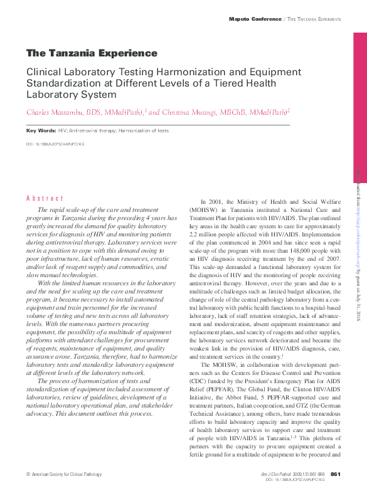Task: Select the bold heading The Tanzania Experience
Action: [92, 53]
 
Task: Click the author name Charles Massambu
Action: [55, 112]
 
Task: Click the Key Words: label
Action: [41, 130]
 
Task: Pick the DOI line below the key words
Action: [55, 144]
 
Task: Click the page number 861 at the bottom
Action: [335, 473]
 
